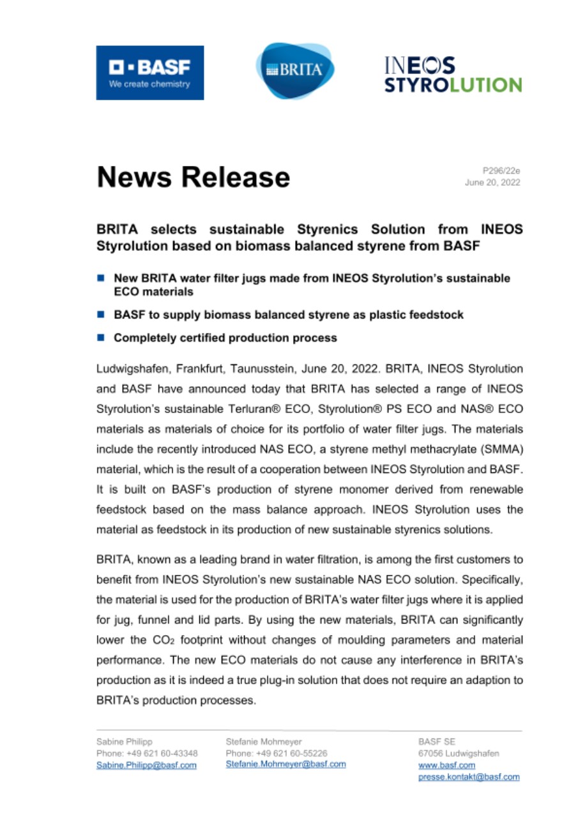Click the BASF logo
[150, 72]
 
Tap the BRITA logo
[295, 70]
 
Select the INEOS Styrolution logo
[452, 75]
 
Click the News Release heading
[193, 176]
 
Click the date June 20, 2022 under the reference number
[492, 183]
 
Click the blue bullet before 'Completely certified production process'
[100, 337]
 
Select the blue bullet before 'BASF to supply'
[100, 315]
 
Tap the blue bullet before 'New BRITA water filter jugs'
[100, 279]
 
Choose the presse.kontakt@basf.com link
[469, 777]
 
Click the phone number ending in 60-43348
[146, 753]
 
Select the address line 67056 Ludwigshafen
[459, 753]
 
